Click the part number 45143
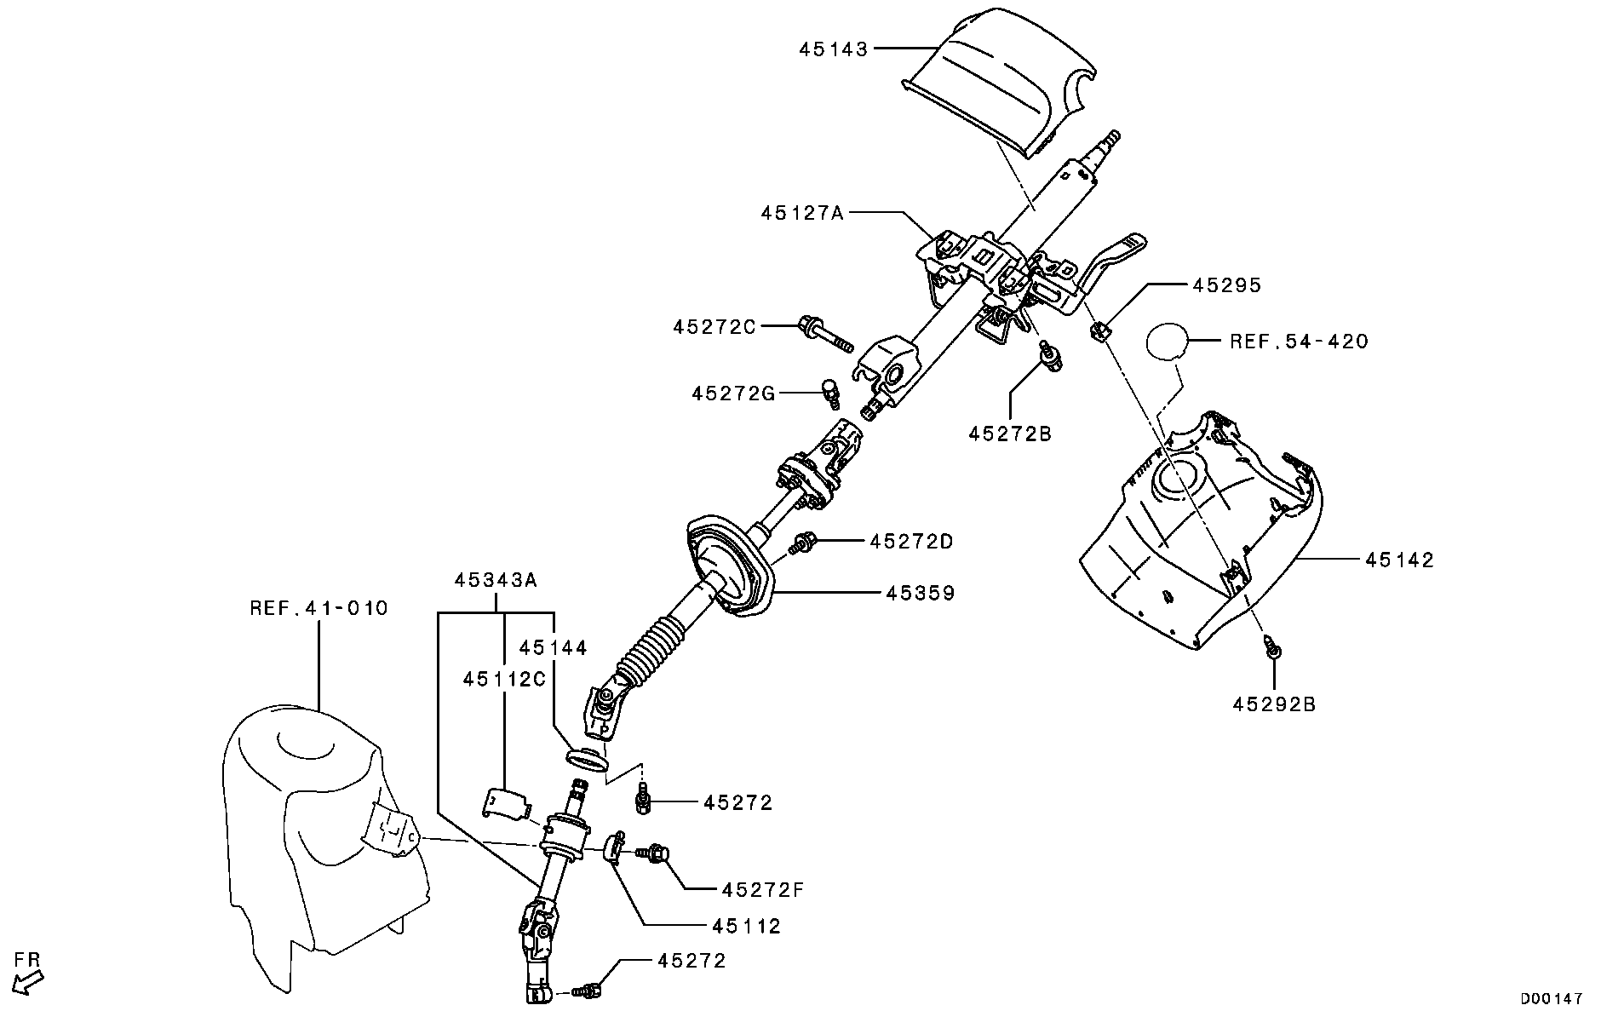click(x=833, y=49)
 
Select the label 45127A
click(x=801, y=213)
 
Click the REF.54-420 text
click(x=1299, y=342)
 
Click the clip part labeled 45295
click(x=1099, y=330)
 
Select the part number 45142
click(x=1400, y=560)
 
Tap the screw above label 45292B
click(x=1274, y=648)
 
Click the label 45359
click(x=920, y=593)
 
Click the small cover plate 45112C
click(x=505, y=803)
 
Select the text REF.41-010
click(x=318, y=608)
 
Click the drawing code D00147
click(x=1552, y=998)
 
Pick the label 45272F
click(x=762, y=890)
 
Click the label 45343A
click(x=496, y=580)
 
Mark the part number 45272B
click(x=1010, y=434)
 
